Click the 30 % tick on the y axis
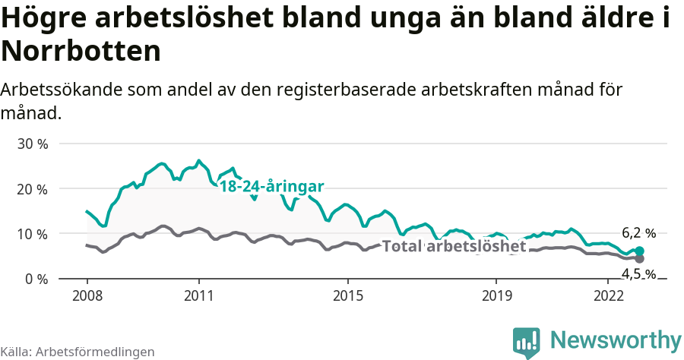coord(32,144)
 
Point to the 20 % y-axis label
coord(32,188)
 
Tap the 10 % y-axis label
coord(32,234)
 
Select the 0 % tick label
coord(35,279)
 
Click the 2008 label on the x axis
coord(87,295)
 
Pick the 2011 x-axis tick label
coord(198,295)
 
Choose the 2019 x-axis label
coord(496,295)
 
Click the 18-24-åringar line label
coord(272,187)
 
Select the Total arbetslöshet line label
coord(454,246)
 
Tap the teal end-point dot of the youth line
coord(639,251)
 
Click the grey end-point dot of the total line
coord(639,259)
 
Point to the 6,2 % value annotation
coord(638,233)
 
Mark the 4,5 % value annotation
coord(638,274)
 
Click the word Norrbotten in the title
coord(81,52)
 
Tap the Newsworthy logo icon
coord(527,341)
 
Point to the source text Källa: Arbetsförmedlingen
coord(78,352)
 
